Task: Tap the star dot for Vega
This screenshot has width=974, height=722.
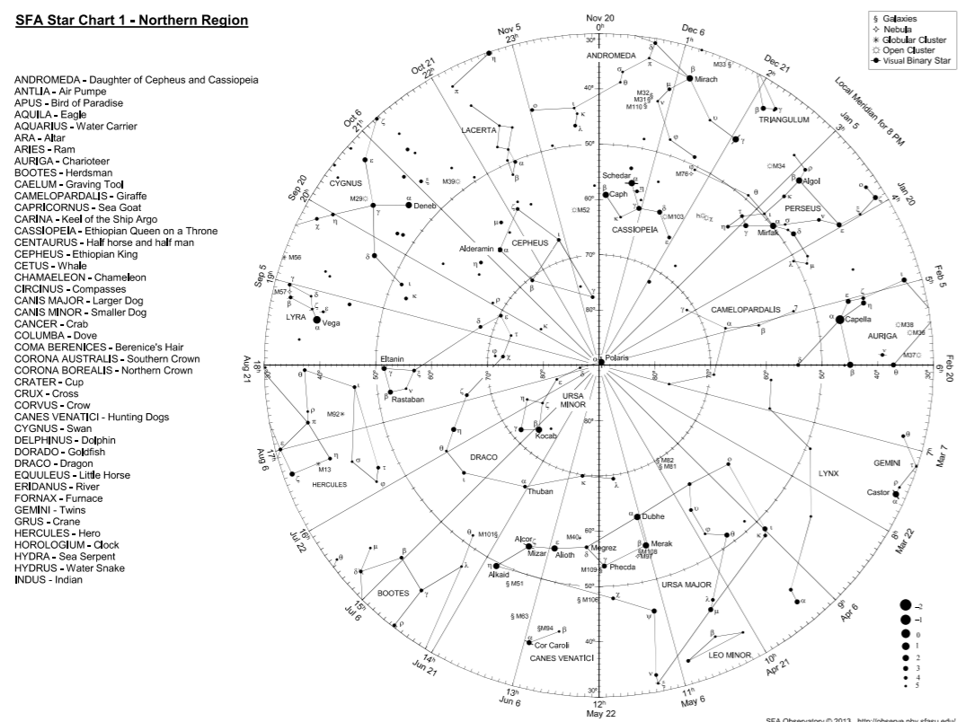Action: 317,320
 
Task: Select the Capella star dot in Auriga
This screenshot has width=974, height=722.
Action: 840,319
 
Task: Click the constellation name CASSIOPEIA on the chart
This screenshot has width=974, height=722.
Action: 635,230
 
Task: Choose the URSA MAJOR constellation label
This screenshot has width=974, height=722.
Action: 686,585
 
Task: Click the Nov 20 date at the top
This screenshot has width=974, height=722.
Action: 600,18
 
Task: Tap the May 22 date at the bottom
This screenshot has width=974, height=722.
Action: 600,713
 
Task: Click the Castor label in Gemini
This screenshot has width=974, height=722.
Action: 878,493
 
